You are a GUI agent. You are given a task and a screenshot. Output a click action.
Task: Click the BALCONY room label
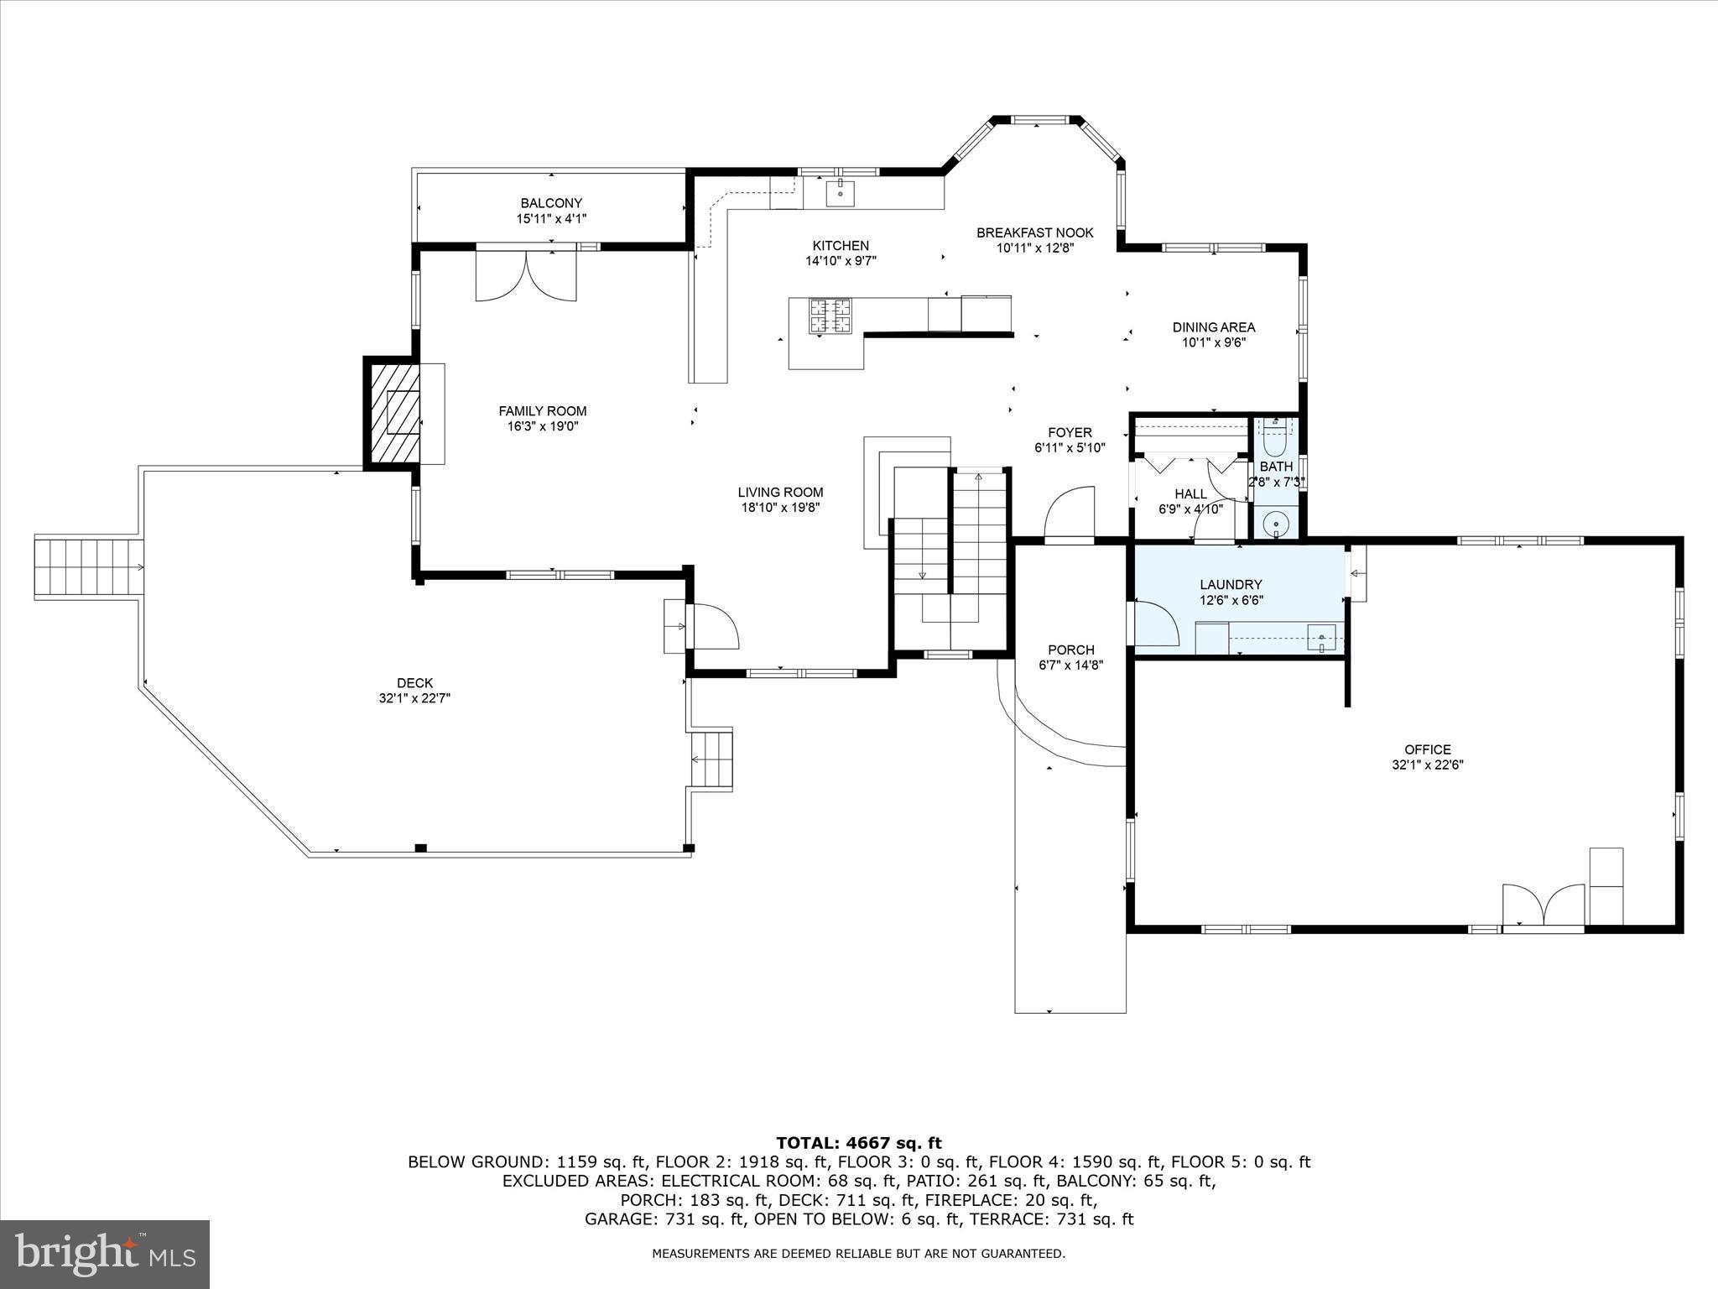[550, 203]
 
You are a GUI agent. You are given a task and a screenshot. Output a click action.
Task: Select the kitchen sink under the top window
[840, 193]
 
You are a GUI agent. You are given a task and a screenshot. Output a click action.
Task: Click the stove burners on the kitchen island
[829, 316]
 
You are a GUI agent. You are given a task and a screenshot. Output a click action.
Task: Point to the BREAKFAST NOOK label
[1034, 232]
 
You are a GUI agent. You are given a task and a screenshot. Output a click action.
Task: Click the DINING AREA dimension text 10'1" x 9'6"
[1213, 342]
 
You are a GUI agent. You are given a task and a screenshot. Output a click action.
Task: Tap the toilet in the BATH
[1275, 436]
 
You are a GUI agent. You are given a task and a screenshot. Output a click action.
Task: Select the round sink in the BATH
[1275, 524]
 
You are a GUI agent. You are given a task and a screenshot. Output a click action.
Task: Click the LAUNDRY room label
[1230, 585]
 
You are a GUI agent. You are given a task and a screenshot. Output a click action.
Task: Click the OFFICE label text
[1427, 749]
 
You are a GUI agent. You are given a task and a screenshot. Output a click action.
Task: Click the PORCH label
[1070, 650]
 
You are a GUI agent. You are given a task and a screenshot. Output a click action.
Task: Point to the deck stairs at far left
[87, 566]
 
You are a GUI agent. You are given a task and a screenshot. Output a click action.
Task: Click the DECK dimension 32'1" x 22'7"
[414, 698]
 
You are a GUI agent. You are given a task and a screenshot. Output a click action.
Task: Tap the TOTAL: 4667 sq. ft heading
[858, 1143]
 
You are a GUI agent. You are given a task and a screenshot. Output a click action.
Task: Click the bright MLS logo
[105, 1254]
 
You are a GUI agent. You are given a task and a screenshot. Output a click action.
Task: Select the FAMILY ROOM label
[542, 411]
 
